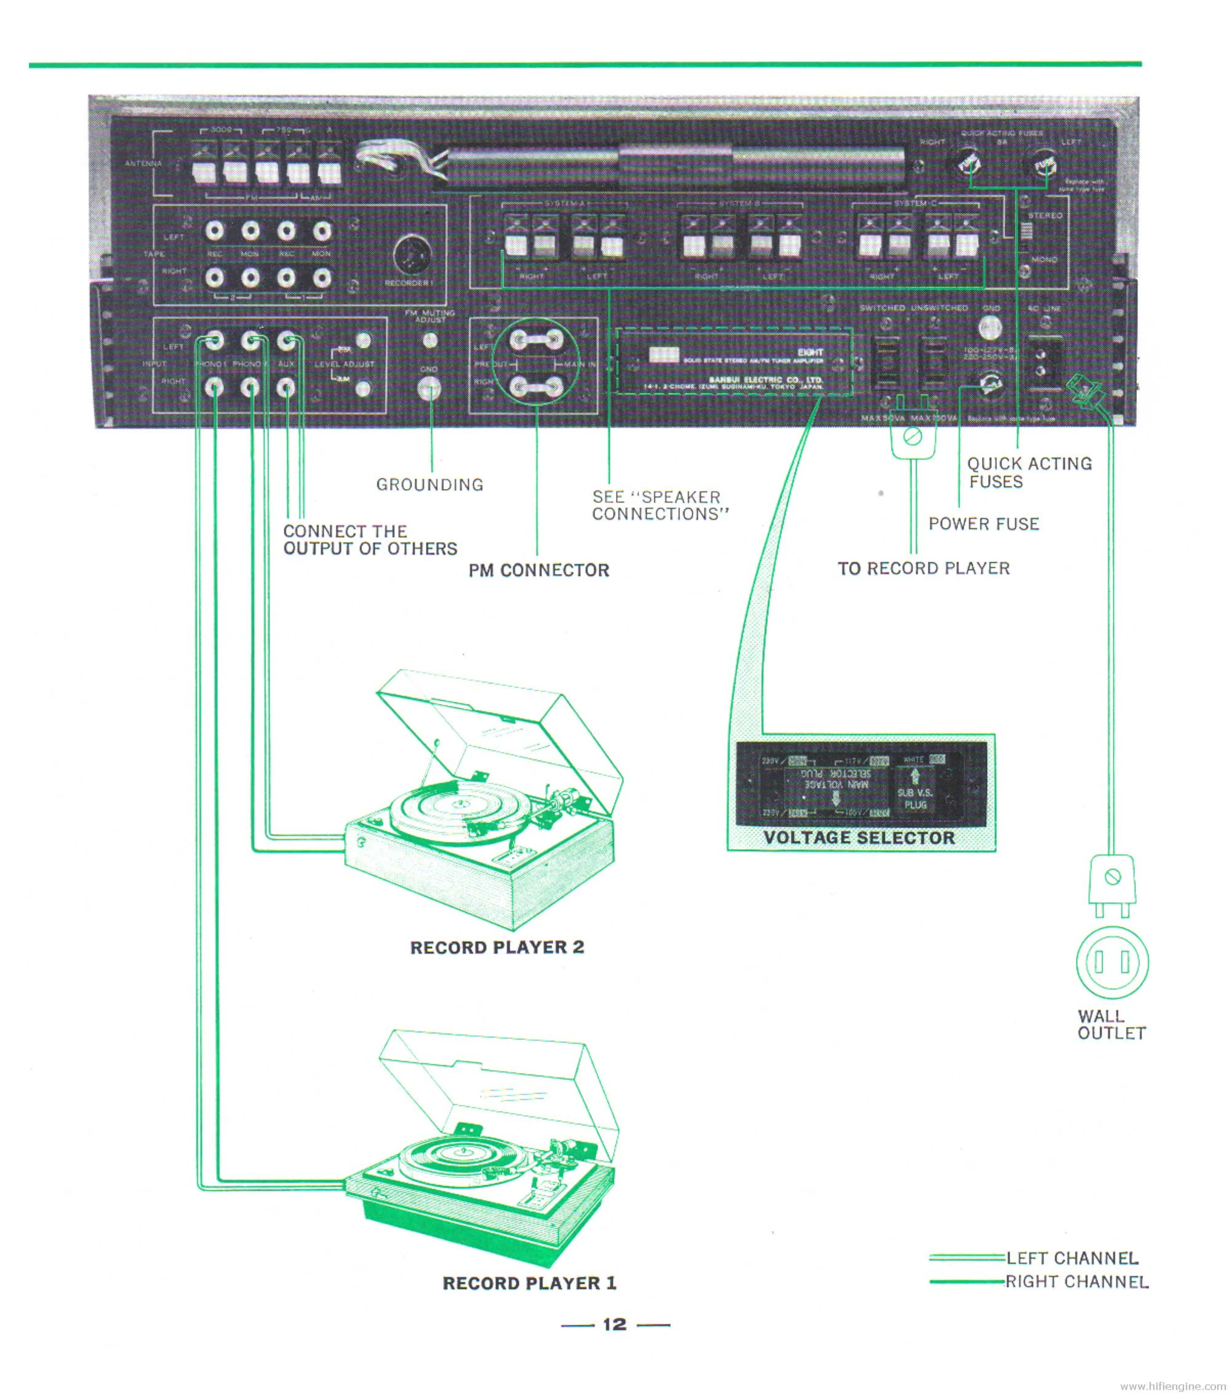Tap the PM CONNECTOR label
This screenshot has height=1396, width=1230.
pyautogui.click(x=538, y=570)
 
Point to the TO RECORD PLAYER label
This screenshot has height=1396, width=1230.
pyautogui.click(x=923, y=568)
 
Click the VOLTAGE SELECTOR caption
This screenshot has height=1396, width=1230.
pyautogui.click(x=859, y=838)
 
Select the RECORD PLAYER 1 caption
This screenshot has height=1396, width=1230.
pyautogui.click(x=530, y=1283)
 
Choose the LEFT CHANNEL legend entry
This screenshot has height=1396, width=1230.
pyautogui.click(x=1072, y=1258)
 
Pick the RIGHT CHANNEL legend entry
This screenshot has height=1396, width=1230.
pyautogui.click(x=1077, y=1282)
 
